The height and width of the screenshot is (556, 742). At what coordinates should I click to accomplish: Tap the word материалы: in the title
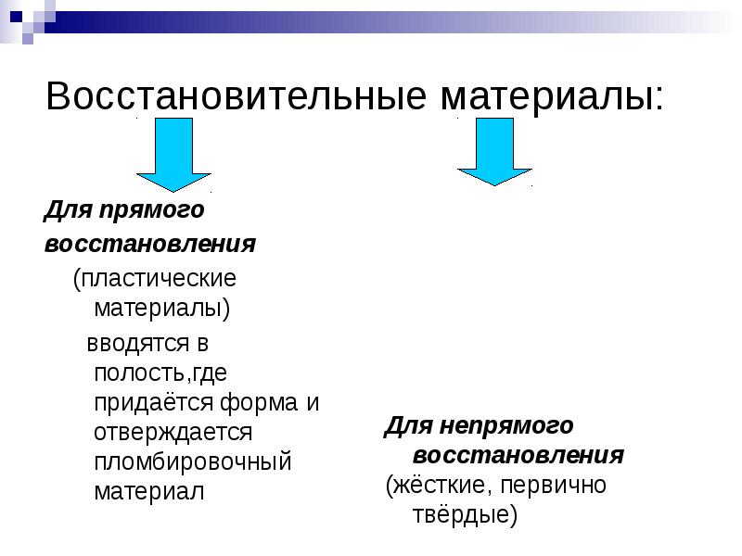coord(538,96)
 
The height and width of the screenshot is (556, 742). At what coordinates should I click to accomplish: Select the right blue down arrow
coord(494,155)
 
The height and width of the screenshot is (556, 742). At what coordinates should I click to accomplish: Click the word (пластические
coord(155,277)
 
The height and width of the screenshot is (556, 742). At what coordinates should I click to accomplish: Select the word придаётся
coord(155,403)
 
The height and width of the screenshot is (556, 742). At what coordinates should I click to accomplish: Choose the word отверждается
coord(173,432)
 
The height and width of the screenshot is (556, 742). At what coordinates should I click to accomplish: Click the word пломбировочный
coord(193,461)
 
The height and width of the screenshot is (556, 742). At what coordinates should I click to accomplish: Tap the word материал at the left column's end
coord(148,490)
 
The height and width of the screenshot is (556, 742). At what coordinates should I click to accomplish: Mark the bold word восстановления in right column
coord(518,456)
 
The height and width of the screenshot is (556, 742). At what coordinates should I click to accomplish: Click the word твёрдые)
coord(463,515)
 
